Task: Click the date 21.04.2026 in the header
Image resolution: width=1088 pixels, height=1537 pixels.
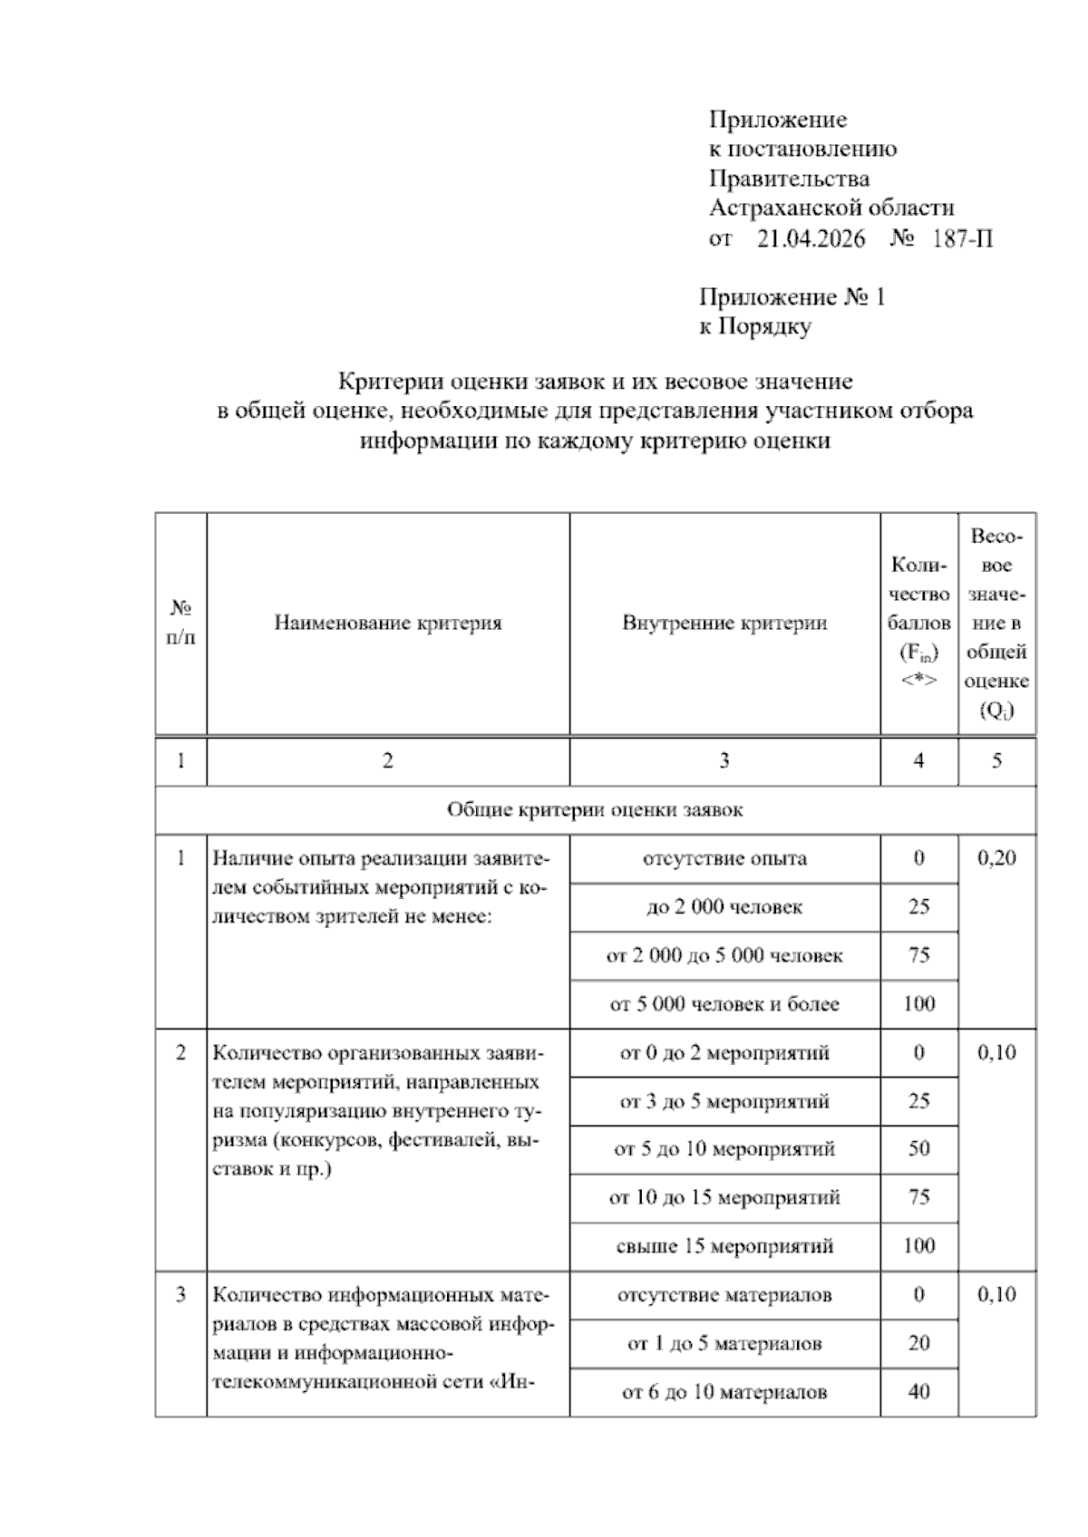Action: point(811,239)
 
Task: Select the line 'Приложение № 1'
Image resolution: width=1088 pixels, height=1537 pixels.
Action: point(792,297)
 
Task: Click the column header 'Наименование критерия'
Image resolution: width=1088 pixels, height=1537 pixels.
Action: point(388,623)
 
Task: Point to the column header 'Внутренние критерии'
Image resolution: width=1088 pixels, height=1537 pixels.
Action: point(724,623)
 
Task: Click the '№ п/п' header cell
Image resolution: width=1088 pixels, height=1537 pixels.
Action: point(181,623)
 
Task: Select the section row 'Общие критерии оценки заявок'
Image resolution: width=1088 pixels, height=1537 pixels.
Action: point(595,810)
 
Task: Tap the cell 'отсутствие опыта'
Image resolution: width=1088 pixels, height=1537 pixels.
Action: point(724,858)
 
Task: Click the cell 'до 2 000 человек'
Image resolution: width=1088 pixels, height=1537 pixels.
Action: point(724,907)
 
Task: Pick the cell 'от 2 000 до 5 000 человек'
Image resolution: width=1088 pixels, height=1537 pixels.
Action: point(724,955)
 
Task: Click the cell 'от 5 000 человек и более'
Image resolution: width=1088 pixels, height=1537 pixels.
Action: point(724,1004)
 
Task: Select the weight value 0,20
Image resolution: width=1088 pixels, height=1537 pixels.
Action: point(996,858)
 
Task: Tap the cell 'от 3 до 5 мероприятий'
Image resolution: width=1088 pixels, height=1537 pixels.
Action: point(724,1102)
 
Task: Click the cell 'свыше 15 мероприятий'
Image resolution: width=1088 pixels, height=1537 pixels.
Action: point(724,1246)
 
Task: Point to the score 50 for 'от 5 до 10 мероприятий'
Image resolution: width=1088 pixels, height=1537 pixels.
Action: point(918,1149)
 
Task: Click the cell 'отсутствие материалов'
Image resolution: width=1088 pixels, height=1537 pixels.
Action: point(724,1295)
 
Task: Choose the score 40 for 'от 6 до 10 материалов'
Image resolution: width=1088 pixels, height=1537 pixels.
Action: point(918,1392)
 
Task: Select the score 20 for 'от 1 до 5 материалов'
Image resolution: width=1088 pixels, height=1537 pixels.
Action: point(918,1343)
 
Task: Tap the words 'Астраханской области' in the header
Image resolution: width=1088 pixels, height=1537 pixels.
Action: point(831,208)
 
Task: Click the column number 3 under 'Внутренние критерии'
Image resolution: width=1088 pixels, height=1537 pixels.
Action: point(724,761)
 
